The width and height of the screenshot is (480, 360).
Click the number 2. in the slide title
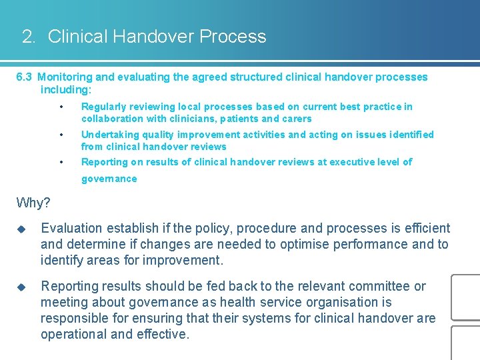(x=29, y=37)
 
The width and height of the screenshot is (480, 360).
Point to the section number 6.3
(x=24, y=77)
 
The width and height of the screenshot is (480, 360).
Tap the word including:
(x=66, y=89)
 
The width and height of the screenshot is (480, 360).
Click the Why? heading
(x=33, y=202)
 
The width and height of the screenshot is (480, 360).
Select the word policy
(x=227, y=229)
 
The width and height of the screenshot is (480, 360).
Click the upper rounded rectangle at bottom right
(x=466, y=297)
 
